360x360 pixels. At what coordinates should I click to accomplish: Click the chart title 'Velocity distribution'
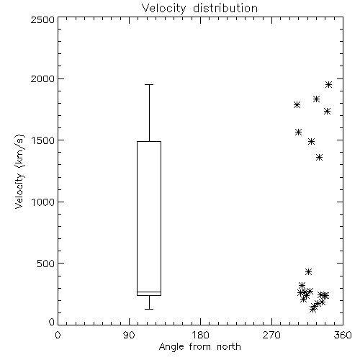coord(199,8)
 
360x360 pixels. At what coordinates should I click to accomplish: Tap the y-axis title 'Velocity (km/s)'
coord(19,171)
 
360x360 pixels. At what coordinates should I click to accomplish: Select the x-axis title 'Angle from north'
coord(199,346)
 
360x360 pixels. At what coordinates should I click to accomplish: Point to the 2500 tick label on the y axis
coord(42,19)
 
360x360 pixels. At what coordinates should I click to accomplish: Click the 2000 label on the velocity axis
coord(42,78)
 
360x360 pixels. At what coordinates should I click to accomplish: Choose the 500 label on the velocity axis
coord(46,264)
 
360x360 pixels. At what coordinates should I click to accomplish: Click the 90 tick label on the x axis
coord(129,335)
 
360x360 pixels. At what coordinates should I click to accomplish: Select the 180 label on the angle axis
coord(200,335)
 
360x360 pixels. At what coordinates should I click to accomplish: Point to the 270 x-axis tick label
coord(271,335)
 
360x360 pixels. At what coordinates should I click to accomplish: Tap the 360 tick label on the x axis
coord(343,335)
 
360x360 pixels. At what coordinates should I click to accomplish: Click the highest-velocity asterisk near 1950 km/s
coord(328,84)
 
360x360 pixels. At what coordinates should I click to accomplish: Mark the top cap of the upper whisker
coord(149,84)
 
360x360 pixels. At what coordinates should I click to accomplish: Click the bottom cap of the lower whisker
coord(149,309)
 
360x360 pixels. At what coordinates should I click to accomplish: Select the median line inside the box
coord(149,292)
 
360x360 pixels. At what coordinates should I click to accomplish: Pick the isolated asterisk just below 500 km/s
coord(308,271)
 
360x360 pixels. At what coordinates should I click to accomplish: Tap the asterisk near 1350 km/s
coord(319,158)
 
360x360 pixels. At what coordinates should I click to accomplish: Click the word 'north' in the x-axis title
coord(229,346)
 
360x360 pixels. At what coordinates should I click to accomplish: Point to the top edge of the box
coord(149,141)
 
